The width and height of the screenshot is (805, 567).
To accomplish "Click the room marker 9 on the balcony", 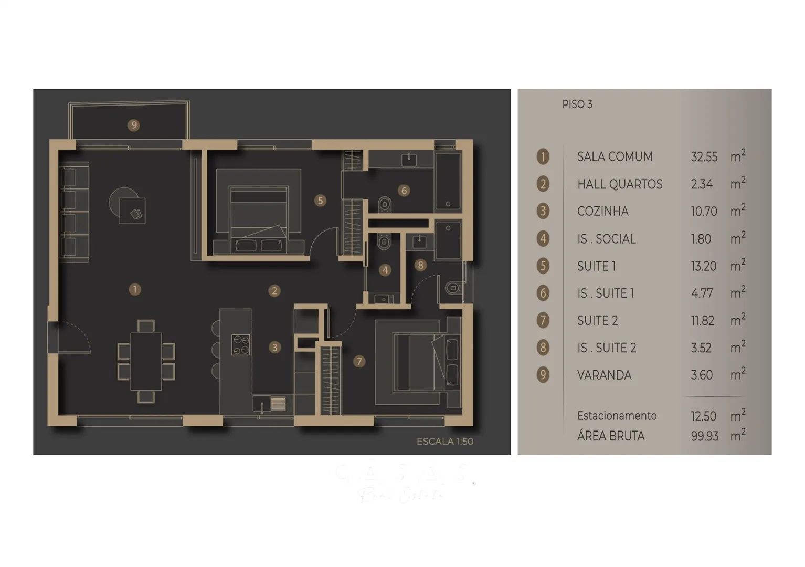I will (x=134, y=125).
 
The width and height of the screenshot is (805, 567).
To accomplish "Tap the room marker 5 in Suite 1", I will (x=320, y=201).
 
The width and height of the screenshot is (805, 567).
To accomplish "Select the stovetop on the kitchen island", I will (x=241, y=345).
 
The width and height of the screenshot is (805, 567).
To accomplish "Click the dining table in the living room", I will (x=146, y=361).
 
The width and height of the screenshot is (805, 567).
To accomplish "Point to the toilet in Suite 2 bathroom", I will (x=452, y=288).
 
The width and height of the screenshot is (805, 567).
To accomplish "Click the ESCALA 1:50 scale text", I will (x=445, y=442).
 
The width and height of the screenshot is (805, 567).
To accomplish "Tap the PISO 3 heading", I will (x=577, y=104).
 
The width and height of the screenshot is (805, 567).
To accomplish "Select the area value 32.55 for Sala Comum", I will (x=704, y=157).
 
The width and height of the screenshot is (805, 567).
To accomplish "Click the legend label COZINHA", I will (x=602, y=212).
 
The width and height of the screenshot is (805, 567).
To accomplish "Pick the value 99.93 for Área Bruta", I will (x=704, y=436).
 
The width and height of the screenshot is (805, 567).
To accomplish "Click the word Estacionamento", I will (x=617, y=416).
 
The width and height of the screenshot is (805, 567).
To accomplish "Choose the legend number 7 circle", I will (x=543, y=320).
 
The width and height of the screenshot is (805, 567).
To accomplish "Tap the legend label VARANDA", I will (x=604, y=375).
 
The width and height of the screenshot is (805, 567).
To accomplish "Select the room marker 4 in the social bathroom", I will (x=385, y=270).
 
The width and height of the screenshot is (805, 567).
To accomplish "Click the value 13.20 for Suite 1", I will (x=703, y=266).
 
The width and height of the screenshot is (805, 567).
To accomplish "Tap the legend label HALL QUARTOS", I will (x=620, y=184).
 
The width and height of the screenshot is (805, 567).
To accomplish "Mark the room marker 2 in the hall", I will (x=274, y=290).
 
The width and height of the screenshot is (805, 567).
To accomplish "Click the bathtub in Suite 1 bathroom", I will (x=448, y=181).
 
